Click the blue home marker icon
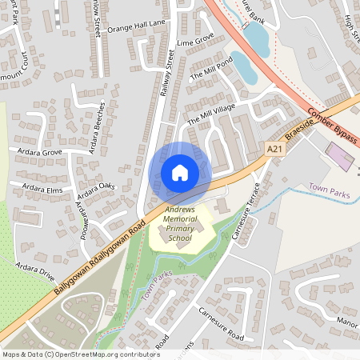click(x=180, y=172)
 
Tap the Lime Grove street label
click(x=195, y=40)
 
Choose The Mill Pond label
click(x=211, y=68)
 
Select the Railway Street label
click(x=167, y=73)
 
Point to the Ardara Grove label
click(x=35, y=150)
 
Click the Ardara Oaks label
click(x=96, y=192)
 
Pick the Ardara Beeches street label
click(x=97, y=127)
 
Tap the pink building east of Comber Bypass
click(x=340, y=155)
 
